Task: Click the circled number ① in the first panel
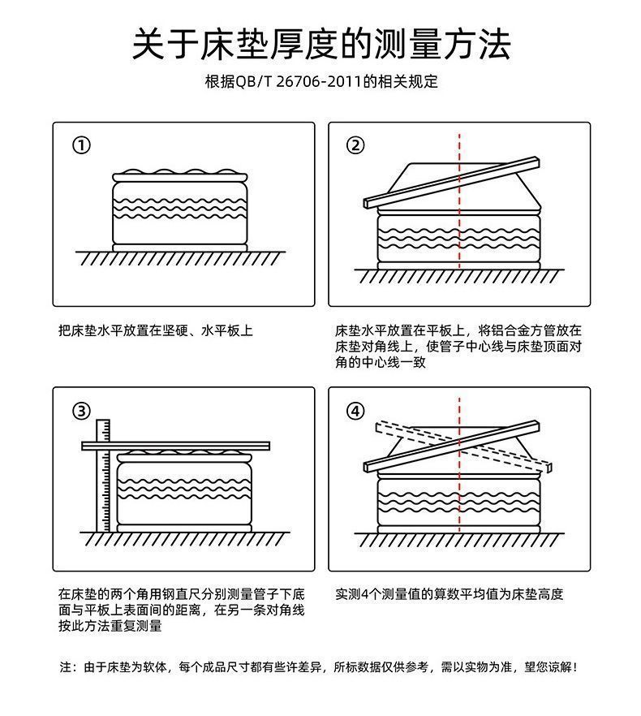[81, 145]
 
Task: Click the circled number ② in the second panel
[355, 145]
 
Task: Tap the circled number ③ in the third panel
[81, 411]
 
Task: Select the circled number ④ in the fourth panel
[355, 411]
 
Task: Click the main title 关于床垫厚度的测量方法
[321, 44]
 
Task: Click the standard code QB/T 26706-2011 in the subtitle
[298, 82]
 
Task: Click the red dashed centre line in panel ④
[459, 503]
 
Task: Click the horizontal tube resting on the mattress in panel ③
[170, 445]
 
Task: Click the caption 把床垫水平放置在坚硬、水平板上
[156, 331]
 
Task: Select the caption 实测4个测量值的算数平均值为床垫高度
[449, 594]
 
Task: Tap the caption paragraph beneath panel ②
[458, 347]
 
